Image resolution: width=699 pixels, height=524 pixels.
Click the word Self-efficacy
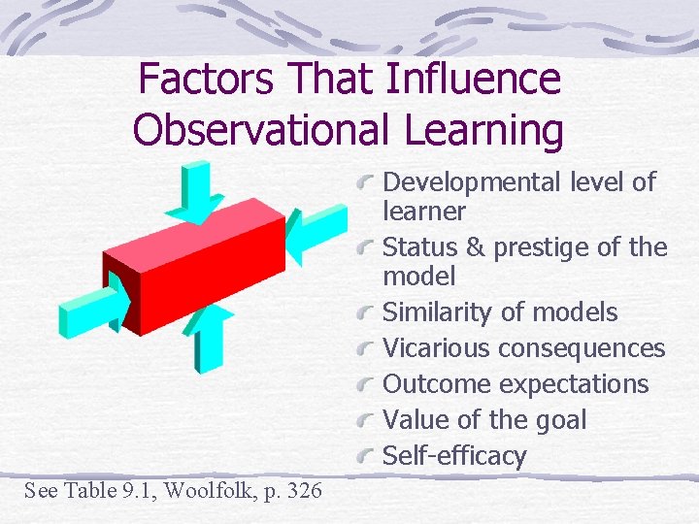[x=454, y=456]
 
